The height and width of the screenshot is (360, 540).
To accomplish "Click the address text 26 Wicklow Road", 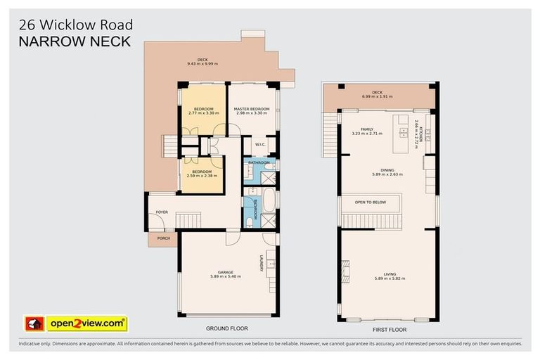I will [x=75, y=25].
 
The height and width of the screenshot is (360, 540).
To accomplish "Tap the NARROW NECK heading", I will [x=75, y=41].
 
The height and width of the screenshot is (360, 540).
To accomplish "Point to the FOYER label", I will [x=162, y=211].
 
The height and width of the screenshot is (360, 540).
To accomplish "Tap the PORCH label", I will [x=163, y=238].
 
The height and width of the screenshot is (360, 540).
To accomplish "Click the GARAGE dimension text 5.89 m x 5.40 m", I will [x=225, y=276].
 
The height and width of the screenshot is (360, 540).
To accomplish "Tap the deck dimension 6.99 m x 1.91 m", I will [x=377, y=96].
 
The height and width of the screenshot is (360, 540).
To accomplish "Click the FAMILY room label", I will [x=367, y=129].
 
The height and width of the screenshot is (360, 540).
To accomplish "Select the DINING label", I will [x=387, y=169].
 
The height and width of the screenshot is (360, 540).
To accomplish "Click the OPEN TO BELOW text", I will [x=371, y=202].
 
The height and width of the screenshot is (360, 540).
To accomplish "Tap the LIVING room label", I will [x=390, y=275].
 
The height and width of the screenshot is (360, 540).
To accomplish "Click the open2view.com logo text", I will [x=86, y=323].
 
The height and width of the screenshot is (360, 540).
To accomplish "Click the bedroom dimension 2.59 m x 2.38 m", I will [x=202, y=176].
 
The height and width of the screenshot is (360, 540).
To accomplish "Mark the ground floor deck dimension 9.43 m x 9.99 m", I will [x=202, y=64].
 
